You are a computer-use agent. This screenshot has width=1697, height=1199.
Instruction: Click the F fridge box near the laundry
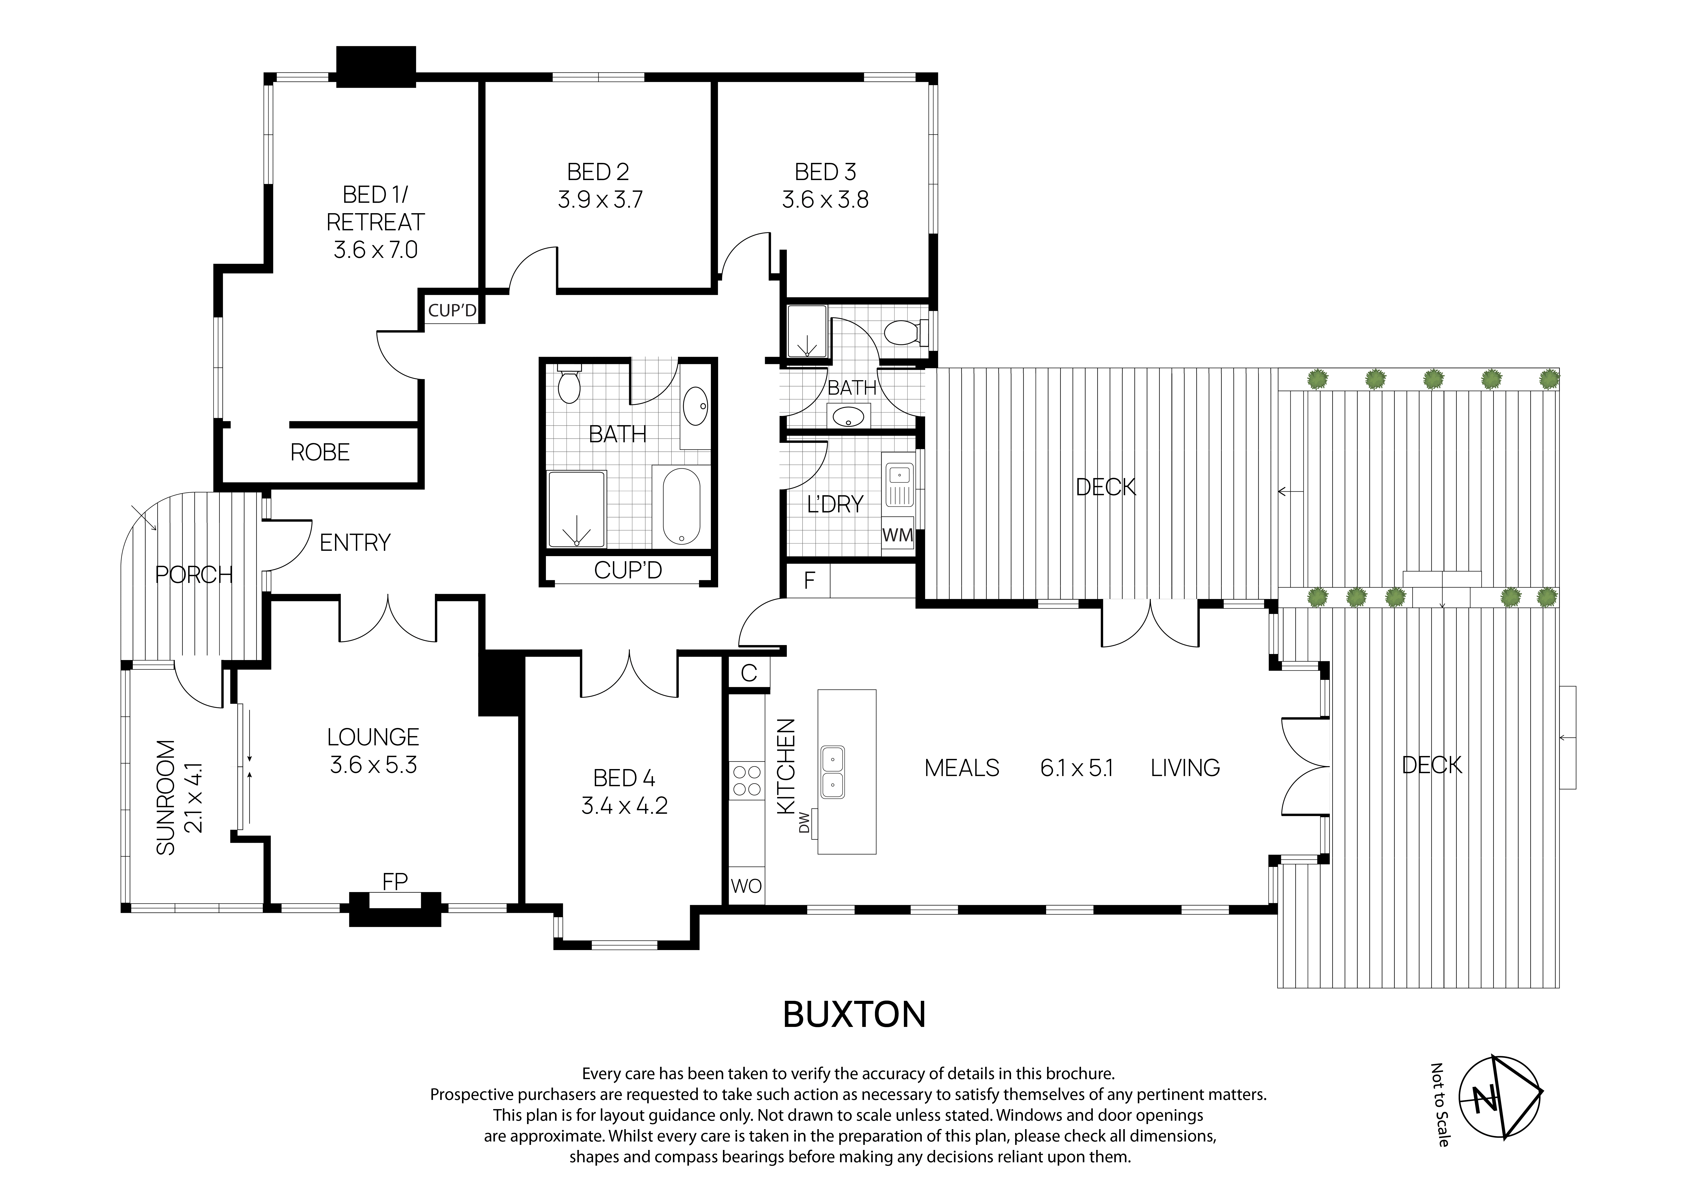[x=809, y=581]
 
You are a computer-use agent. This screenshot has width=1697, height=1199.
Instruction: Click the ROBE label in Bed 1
[x=319, y=452]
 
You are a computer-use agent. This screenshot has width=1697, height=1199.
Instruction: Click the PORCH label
[x=194, y=574]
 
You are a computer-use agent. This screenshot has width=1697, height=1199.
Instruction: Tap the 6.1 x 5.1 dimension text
[x=1076, y=768]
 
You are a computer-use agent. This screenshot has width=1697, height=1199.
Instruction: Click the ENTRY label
[x=355, y=543]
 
